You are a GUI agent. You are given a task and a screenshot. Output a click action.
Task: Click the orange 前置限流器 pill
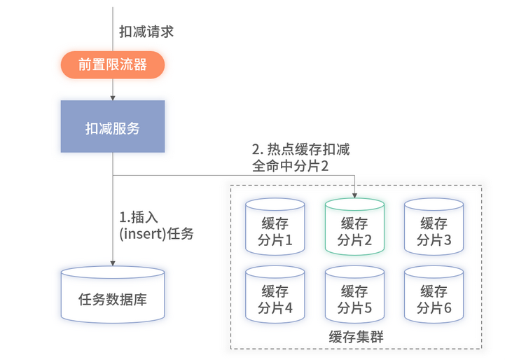[112, 65]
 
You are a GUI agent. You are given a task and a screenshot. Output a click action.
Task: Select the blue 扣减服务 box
[112, 127]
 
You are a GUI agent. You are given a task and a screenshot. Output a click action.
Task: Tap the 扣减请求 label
[146, 32]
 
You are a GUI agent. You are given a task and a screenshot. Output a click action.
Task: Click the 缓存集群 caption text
[355, 337]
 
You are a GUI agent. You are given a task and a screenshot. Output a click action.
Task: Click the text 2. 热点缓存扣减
[300, 150]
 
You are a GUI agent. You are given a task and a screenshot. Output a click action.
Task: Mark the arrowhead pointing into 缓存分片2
[354, 195]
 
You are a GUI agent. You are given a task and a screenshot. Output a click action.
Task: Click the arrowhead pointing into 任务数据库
[112, 263]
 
